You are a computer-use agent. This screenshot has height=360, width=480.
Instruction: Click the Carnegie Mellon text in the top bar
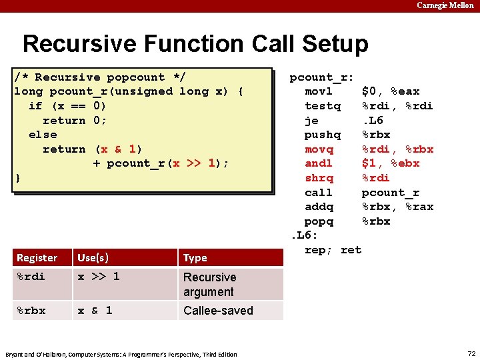(x=445, y=5)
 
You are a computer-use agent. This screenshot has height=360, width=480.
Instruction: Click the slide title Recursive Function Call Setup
(x=195, y=44)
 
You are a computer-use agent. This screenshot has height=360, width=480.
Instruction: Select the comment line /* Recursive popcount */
(x=100, y=77)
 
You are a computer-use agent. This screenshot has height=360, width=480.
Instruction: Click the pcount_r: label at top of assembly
(x=321, y=77)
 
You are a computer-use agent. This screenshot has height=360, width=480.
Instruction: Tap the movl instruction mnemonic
(x=319, y=91)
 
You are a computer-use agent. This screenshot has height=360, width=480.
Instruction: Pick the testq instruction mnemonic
(x=322, y=106)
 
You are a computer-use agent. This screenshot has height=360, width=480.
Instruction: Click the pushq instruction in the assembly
(x=322, y=135)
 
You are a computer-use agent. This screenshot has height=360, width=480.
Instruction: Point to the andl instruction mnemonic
(x=319, y=163)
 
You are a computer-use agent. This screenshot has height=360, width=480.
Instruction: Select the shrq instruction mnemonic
(x=319, y=178)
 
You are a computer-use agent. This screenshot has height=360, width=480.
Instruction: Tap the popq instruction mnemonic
(x=319, y=221)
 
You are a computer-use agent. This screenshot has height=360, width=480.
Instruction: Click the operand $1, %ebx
(x=391, y=163)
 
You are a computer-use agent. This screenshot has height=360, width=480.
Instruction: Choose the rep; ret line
(x=333, y=250)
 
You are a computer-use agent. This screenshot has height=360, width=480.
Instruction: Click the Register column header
(x=37, y=258)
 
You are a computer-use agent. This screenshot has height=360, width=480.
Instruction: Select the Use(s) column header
(x=93, y=257)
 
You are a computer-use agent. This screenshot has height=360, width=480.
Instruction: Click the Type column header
(x=195, y=258)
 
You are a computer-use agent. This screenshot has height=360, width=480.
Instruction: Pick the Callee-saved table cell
(x=218, y=311)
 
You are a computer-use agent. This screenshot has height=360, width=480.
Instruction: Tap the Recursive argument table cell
(x=209, y=285)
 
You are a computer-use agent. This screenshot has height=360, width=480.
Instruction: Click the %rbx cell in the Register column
(x=31, y=311)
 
